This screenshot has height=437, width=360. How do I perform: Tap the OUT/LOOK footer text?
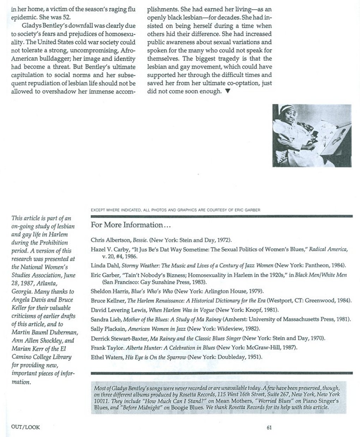[26, 427]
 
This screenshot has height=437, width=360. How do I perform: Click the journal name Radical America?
[328, 249]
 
